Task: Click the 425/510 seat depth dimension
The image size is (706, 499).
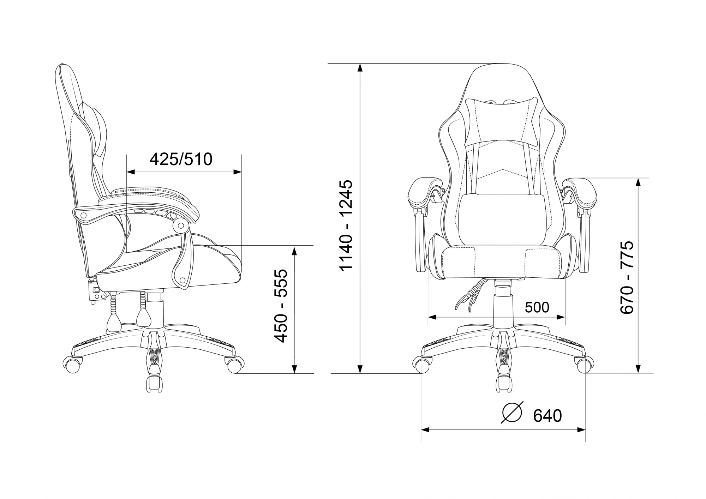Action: coord(181,159)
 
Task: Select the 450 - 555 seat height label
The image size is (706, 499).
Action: coord(281,306)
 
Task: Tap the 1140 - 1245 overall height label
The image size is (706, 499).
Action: coord(346,225)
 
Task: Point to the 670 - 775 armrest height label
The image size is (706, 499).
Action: coord(627,277)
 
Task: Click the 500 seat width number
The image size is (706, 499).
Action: coord(537,307)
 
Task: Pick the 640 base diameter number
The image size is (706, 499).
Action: coord(547,416)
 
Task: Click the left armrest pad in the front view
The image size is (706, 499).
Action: coord(425,193)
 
